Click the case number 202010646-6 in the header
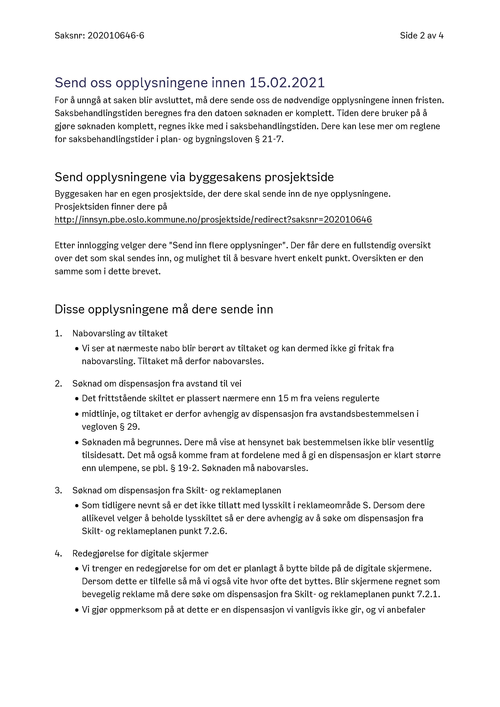116,36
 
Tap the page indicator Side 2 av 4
421,36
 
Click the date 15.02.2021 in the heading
287,83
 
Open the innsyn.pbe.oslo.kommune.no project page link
213,219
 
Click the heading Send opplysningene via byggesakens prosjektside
194,177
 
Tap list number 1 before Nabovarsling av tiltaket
58,334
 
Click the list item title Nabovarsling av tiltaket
120,334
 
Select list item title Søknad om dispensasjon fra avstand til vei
157,384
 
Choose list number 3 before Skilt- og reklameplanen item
58,491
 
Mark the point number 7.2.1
428,594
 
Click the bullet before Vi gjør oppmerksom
77,610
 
